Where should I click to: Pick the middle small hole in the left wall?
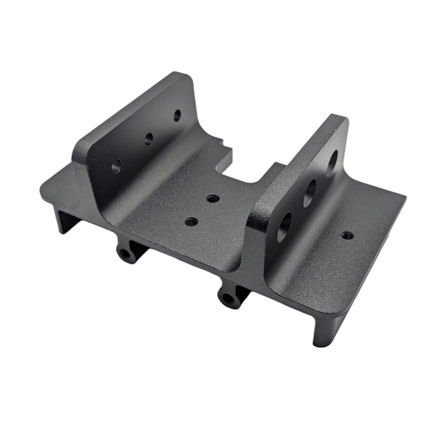(x=149, y=138)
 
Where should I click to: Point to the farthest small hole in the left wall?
(x=177, y=115)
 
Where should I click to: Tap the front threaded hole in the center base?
(x=191, y=221)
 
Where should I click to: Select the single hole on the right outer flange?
(x=347, y=235)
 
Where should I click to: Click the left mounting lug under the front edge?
(x=128, y=253)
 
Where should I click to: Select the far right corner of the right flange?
(x=406, y=197)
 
